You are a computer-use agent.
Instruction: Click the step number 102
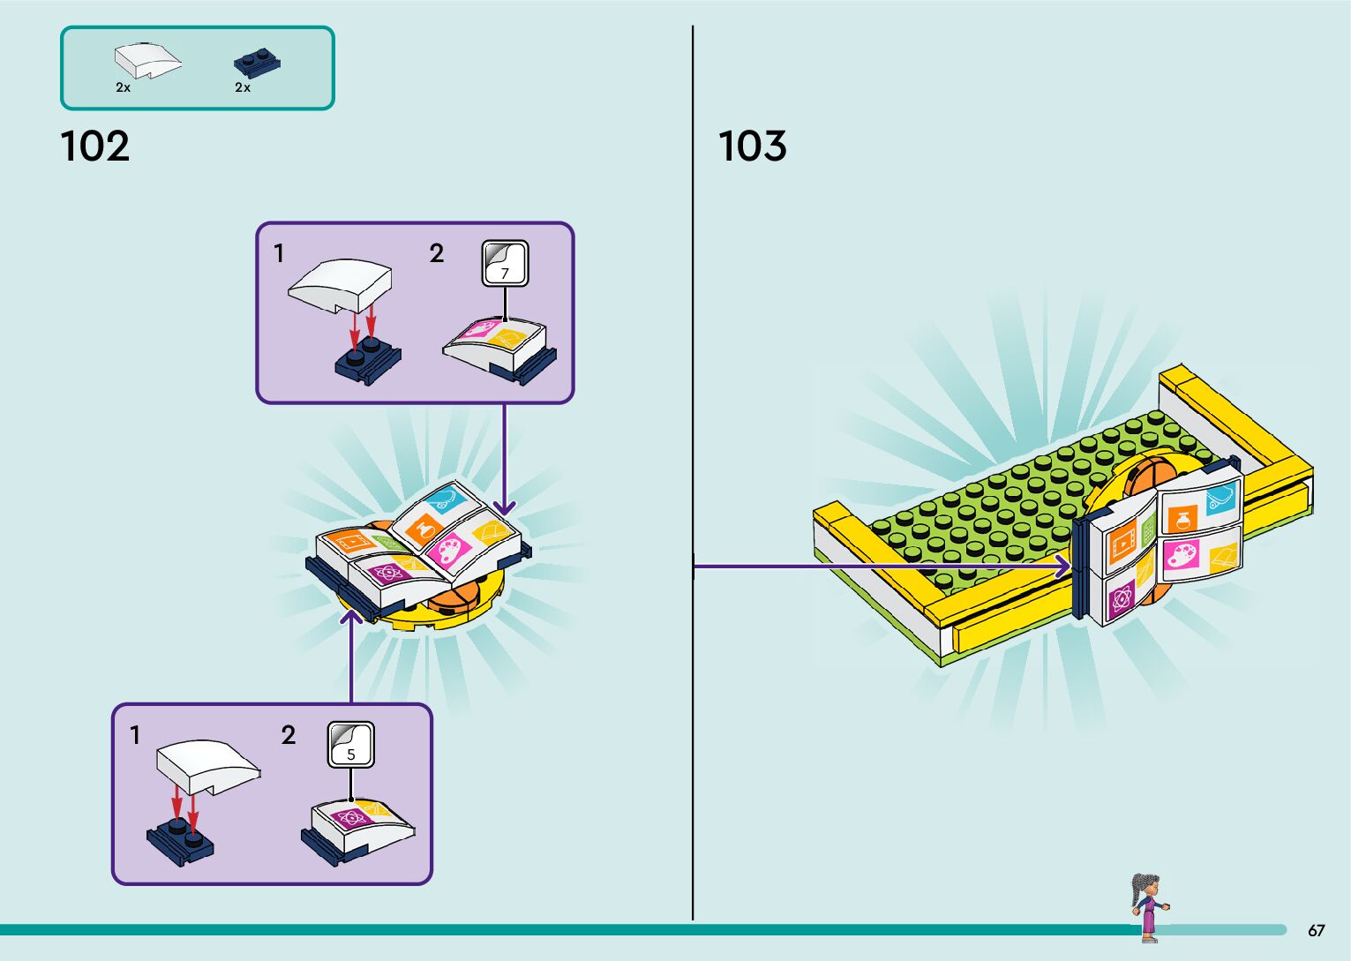[x=95, y=146]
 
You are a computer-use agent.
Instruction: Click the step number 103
[x=752, y=146]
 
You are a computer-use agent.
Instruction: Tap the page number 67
[x=1316, y=930]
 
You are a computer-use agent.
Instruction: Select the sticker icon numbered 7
[x=505, y=263]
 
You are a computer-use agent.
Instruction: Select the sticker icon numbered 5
[x=351, y=745]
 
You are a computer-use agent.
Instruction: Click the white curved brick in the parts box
[x=147, y=61]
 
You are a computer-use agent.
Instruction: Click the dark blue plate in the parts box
[x=257, y=64]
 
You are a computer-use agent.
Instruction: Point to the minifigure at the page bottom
[x=1148, y=905]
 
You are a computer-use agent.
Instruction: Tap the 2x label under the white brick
[x=124, y=87]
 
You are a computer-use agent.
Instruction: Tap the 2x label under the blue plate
[x=243, y=87]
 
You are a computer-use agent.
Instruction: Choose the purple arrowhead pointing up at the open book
[x=351, y=614]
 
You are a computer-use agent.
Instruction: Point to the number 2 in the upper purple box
[x=436, y=254]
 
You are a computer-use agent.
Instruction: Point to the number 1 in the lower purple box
[x=135, y=735]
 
